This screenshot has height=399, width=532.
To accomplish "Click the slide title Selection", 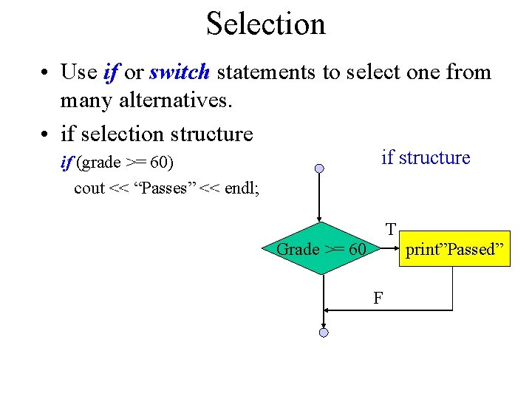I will coord(265,24).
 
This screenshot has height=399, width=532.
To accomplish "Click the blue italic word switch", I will coord(180,72).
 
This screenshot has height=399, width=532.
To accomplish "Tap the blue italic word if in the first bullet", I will coord(111,72).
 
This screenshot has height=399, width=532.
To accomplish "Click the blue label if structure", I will coord(425,157).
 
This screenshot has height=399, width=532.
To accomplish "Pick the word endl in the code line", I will coord(240,188).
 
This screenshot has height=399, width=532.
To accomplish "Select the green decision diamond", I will coord(321,249).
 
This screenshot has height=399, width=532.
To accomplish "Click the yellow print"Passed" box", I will coord(454,249).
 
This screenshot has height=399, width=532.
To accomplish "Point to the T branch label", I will coord(390,229).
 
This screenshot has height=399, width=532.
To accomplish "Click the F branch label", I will coord(378,299).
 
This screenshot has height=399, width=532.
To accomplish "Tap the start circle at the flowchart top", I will coord(319,168).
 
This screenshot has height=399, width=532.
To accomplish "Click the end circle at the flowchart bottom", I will coord(323,333).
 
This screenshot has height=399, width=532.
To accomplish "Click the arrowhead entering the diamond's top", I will coord(319,219).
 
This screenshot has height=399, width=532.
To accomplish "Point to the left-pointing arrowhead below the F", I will coord(329,310).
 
